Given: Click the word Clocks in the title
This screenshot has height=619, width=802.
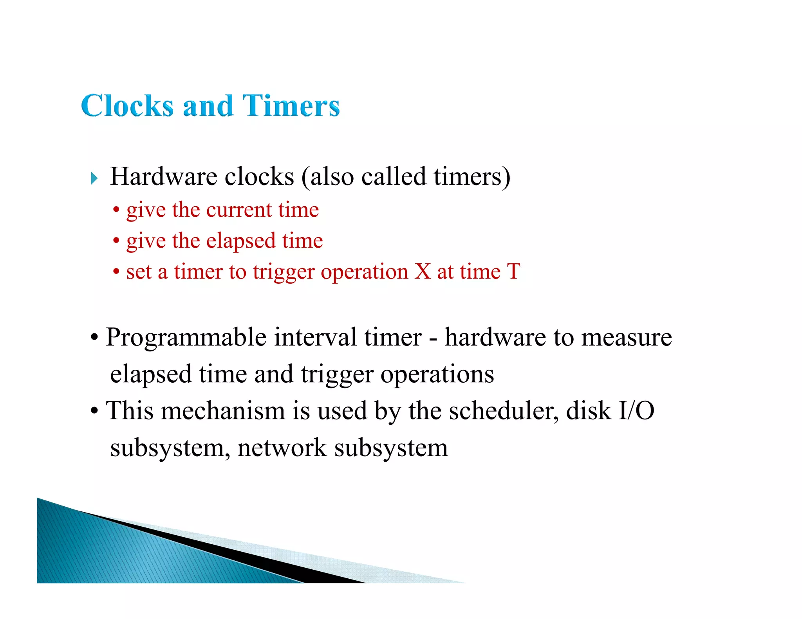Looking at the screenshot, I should coord(127,106).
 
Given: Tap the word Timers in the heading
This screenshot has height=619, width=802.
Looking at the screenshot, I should coord(291,106).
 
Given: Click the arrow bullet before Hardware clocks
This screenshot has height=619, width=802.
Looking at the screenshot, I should coord(94,178).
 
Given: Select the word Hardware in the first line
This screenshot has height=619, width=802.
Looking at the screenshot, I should coord(163,176).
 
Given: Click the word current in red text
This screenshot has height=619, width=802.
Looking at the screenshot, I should coord(239,210).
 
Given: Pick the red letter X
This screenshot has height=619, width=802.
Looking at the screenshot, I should coord(423,271).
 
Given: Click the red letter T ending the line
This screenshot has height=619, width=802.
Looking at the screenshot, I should coord(513,271).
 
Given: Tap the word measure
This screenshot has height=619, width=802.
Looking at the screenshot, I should coord(627,337).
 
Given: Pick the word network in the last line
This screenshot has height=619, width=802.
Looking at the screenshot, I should coord(282,448).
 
